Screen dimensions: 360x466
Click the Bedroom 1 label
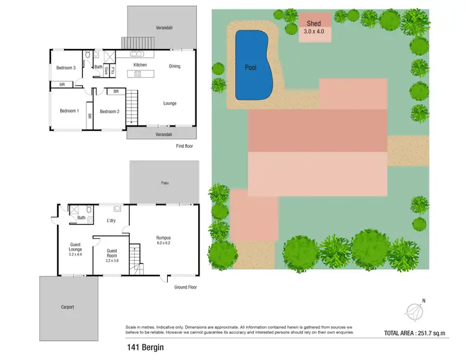pos(69,111)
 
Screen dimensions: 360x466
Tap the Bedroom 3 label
pos(66,68)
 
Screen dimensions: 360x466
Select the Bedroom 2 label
pos(109,112)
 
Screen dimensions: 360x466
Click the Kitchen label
pos(140,65)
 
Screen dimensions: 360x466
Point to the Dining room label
pos(175,65)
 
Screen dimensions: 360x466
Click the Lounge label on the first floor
pos(170,103)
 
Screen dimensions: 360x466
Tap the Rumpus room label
pos(163,238)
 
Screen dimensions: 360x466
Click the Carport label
pos(67,307)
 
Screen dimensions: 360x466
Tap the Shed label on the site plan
pos(314,24)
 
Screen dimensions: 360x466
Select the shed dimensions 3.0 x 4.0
pos(314,32)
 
